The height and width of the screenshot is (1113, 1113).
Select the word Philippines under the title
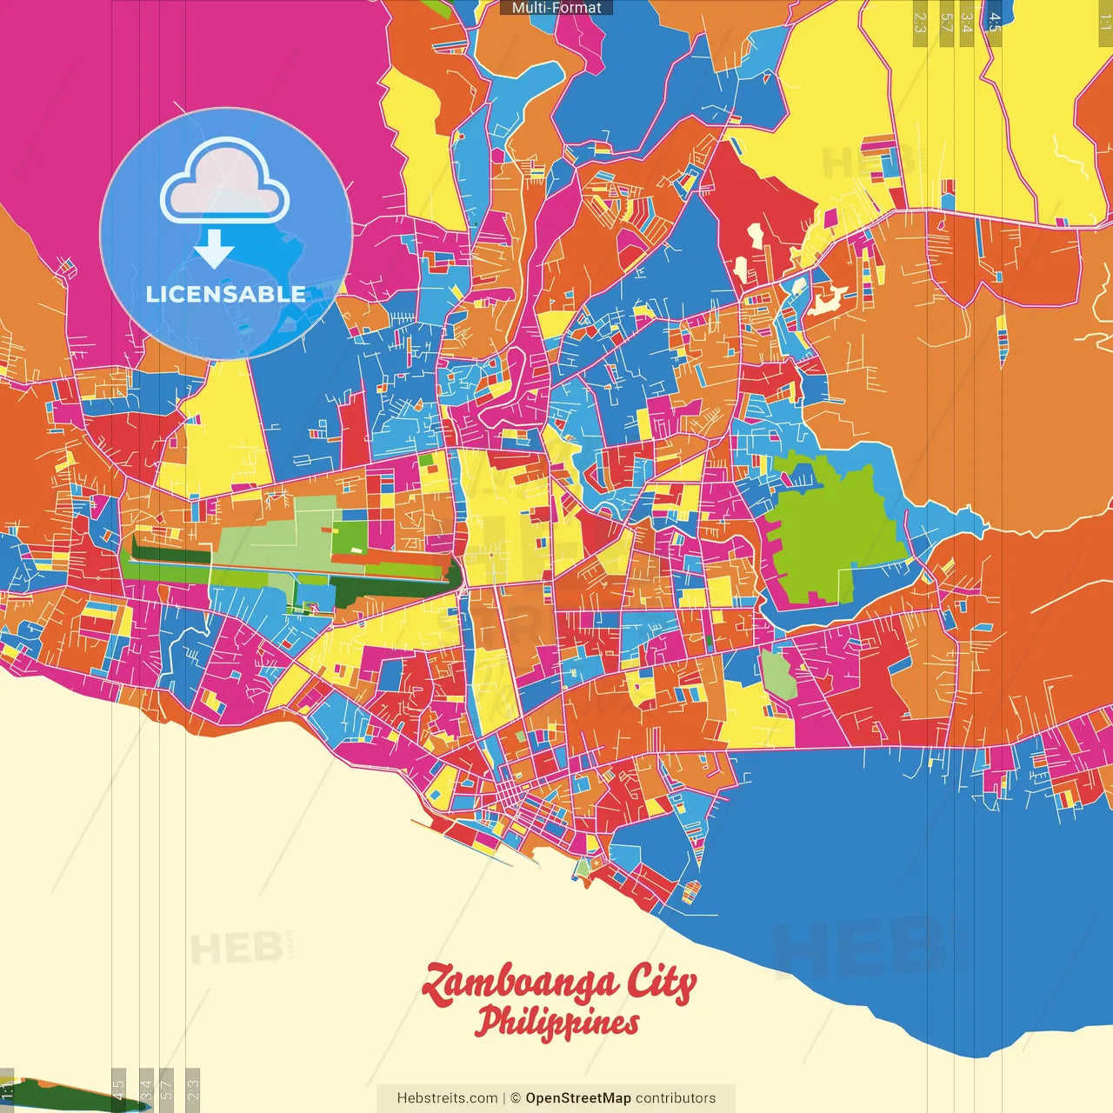coord(556,1023)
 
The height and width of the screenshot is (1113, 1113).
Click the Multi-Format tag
coord(556,8)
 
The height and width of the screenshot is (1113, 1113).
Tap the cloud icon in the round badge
coord(225,183)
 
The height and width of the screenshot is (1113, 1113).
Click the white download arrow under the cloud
coord(214,249)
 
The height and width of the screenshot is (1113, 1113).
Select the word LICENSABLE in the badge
coord(226,294)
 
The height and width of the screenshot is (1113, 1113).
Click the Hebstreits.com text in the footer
coord(447,1098)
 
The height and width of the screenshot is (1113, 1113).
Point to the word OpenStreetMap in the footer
coord(578,1098)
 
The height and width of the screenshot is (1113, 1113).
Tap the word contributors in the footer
coord(676,1098)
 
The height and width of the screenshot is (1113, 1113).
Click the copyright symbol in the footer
coord(515,1098)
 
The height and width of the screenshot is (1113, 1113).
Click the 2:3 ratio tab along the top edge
coord(919,22)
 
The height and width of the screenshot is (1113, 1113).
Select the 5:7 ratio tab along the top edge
coord(946,22)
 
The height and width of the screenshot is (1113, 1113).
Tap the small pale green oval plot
coord(777,675)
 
